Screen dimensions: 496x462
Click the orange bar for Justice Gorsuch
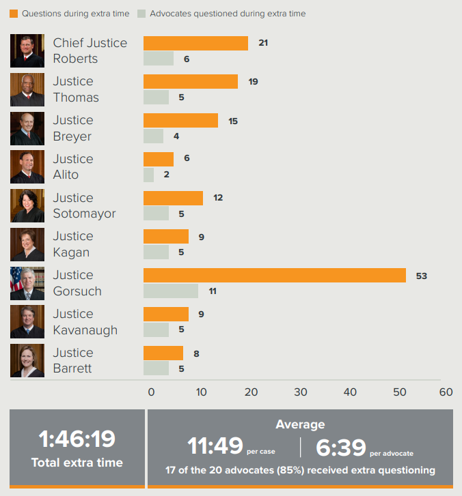click(x=274, y=276)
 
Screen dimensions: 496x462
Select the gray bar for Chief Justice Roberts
click(x=158, y=59)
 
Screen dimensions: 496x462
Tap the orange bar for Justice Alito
click(x=158, y=159)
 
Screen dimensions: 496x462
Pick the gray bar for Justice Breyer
click(x=153, y=136)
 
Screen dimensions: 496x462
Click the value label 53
click(x=422, y=276)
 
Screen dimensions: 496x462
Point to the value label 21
click(x=263, y=43)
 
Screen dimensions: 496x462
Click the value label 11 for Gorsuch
click(x=213, y=291)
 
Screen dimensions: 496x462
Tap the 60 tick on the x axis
click(x=446, y=392)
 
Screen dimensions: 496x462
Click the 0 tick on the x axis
click(x=151, y=392)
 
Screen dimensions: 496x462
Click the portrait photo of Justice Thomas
click(x=27, y=89)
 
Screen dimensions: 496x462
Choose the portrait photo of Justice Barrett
click(x=27, y=361)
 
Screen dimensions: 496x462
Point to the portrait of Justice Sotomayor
click(x=27, y=205)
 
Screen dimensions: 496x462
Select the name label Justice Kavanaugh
click(x=85, y=322)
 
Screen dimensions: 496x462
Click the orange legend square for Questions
click(x=14, y=14)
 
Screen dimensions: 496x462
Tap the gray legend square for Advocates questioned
click(x=141, y=14)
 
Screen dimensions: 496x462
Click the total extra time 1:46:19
click(x=77, y=439)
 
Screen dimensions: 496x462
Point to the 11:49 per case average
click(x=215, y=446)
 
